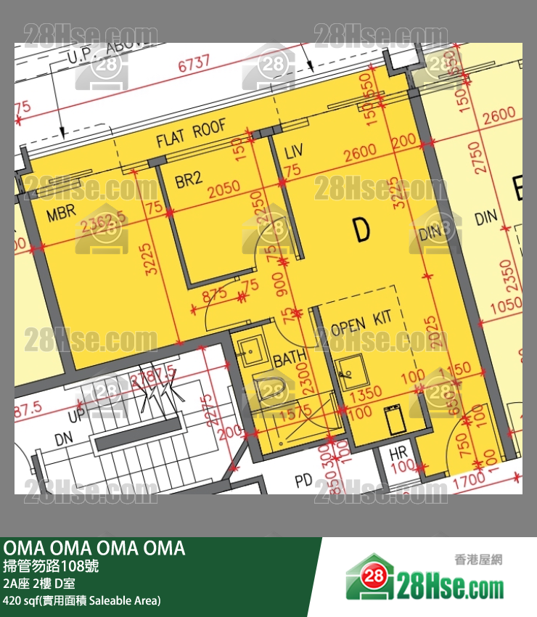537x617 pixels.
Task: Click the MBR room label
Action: (x=63, y=215)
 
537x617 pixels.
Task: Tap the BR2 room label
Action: (x=189, y=179)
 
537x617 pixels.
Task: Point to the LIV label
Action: (x=294, y=152)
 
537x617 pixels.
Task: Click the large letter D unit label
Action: (x=361, y=230)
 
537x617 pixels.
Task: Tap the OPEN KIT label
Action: (x=361, y=323)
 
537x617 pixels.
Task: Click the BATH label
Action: (x=290, y=359)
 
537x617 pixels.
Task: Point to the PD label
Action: (x=303, y=481)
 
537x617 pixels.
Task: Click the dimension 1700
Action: (x=471, y=480)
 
